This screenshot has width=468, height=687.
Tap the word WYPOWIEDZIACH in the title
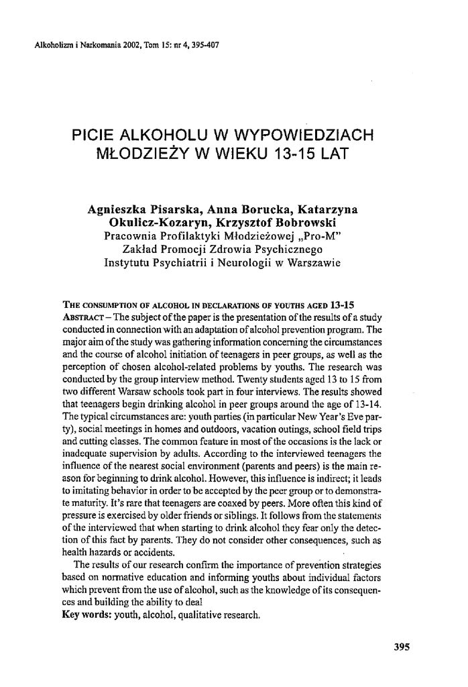[303, 135]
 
